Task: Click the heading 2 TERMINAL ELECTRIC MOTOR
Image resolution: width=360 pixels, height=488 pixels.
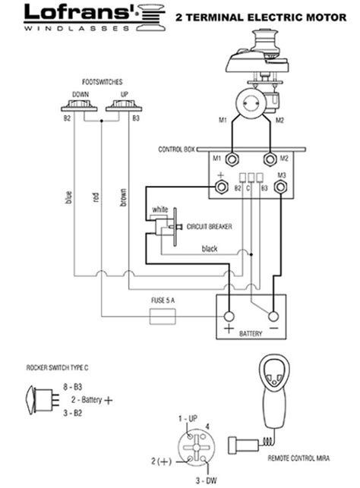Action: pos(262,15)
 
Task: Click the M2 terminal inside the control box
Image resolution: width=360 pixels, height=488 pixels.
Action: pos(269,160)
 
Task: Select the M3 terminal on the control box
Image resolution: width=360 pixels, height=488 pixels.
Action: pos(281,185)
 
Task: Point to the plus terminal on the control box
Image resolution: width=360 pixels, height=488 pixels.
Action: pos(221,185)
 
